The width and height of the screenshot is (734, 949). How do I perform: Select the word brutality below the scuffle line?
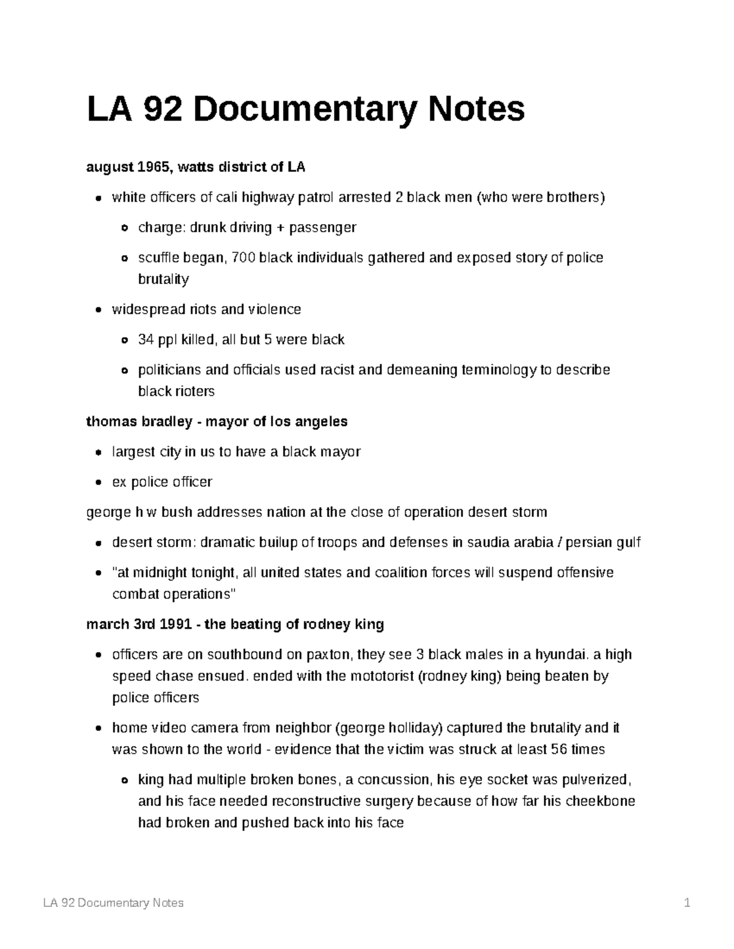(163, 279)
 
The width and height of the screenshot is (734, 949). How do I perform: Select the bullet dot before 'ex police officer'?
(98, 483)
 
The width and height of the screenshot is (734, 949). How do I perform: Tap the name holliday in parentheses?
(413, 728)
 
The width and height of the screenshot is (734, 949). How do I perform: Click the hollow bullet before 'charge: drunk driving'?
(125, 228)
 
